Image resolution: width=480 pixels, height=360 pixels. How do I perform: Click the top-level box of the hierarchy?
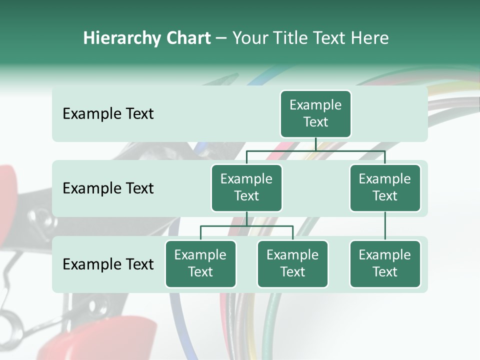point(315,114)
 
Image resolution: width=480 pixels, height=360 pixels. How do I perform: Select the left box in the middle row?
point(246,188)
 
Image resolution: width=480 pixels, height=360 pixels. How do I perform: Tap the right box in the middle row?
point(385,188)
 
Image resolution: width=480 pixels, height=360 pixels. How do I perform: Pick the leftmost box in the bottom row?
point(200,264)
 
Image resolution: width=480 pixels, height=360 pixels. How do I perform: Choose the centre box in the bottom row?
point(292,264)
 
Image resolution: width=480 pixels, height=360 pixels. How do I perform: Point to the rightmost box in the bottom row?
point(385,264)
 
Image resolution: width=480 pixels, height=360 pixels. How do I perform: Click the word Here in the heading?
point(369,38)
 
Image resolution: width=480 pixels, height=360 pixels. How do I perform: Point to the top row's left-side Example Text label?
point(108,114)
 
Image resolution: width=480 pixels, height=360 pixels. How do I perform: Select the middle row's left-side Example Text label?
point(108,188)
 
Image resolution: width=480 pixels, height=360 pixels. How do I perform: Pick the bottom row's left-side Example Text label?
point(108,264)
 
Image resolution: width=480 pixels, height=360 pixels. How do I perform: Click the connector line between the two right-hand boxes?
point(385,225)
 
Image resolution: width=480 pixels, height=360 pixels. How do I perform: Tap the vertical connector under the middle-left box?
point(246,218)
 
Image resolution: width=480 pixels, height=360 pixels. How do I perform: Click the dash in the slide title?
point(221,38)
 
